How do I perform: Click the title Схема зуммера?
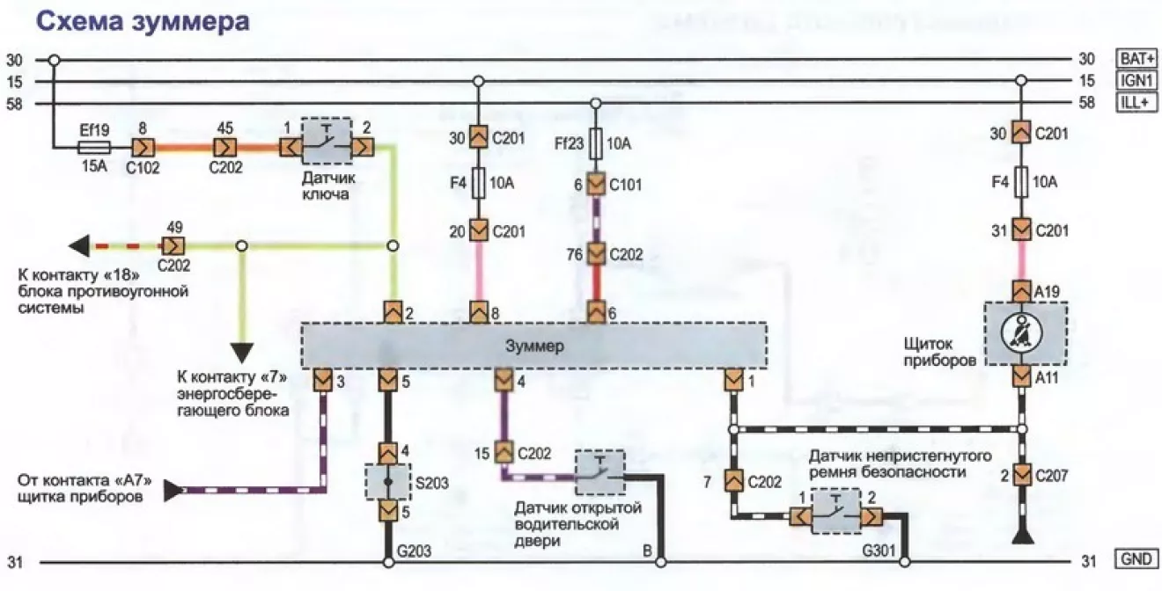click(142, 22)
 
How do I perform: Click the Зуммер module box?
click(533, 346)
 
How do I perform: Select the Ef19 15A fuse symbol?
click(94, 148)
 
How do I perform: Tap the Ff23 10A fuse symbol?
click(595, 143)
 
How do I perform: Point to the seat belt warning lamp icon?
click(1020, 333)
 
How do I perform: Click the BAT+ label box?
click(1136, 59)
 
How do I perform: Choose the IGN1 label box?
click(1136, 80)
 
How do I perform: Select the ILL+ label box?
click(1136, 102)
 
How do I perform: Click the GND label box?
click(1136, 558)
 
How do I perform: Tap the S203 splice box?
click(388, 482)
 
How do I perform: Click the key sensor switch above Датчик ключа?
click(327, 141)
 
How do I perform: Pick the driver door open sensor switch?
click(599, 472)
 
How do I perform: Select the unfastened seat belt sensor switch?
click(835, 511)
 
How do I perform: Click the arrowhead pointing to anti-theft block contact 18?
click(79, 245)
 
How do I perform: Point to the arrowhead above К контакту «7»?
click(242, 353)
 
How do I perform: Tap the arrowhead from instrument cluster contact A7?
click(173, 491)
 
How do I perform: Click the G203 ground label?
click(414, 551)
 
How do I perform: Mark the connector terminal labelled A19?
click(1021, 291)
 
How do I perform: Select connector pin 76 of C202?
click(596, 253)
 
